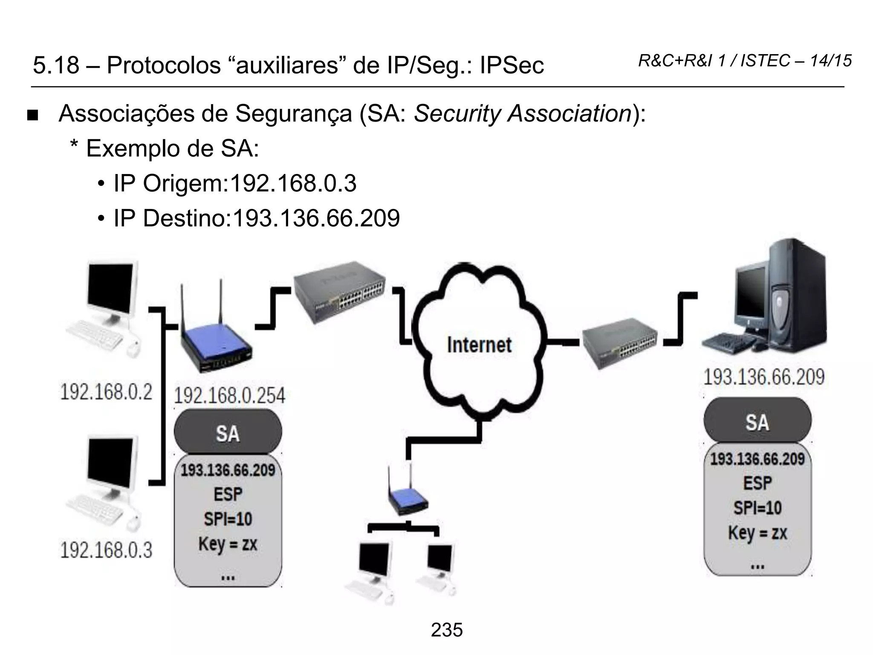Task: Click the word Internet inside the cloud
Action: pyautogui.click(x=479, y=345)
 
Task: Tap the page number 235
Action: pyautogui.click(x=446, y=630)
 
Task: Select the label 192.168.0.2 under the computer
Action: pyautogui.click(x=106, y=392)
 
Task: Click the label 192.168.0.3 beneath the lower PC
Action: pyautogui.click(x=106, y=550)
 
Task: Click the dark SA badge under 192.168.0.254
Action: pyautogui.click(x=228, y=433)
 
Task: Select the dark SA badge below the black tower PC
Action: pyautogui.click(x=757, y=422)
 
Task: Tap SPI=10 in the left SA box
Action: pyautogui.click(x=228, y=519)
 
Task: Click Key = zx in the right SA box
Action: pyautogui.click(x=757, y=533)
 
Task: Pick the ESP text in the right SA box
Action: pyautogui.click(x=757, y=483)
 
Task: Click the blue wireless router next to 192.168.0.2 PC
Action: pyautogui.click(x=215, y=341)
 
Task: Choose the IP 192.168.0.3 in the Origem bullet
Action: pyautogui.click(x=293, y=183)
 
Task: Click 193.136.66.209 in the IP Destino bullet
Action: pyautogui.click(x=316, y=218)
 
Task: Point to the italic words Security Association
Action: pyautogui.click(x=523, y=114)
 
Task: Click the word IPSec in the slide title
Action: pyautogui.click(x=512, y=65)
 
